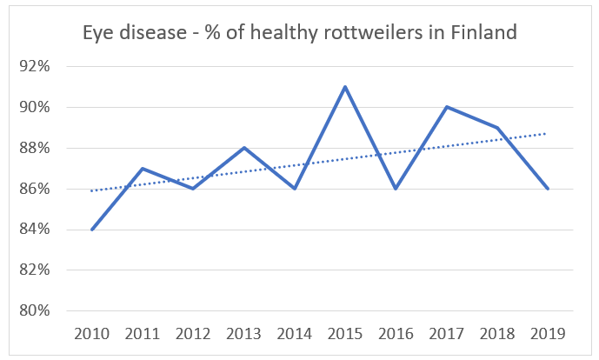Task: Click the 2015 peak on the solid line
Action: point(345,87)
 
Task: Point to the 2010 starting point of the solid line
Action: point(91,230)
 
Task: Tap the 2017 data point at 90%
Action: point(447,107)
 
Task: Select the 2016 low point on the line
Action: point(396,189)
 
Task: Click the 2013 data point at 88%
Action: point(243,148)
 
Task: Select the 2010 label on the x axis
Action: point(91,334)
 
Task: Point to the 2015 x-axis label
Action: point(345,334)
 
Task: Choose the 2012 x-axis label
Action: point(193,334)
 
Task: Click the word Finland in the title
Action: point(483,33)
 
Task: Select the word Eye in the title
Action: point(97,33)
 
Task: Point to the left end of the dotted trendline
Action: point(91,190)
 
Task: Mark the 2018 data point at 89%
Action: point(497,128)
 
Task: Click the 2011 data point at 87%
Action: point(142,169)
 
